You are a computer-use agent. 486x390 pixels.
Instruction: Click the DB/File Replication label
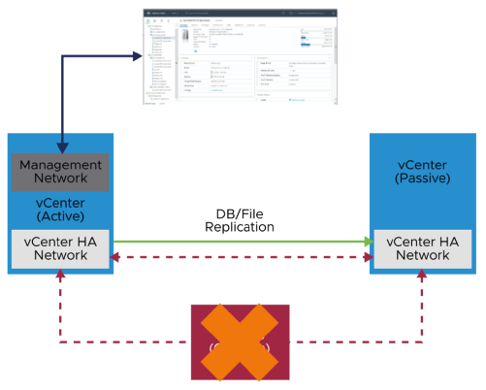pyautogui.click(x=239, y=219)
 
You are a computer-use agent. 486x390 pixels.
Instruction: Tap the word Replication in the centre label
pyautogui.click(x=239, y=227)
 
